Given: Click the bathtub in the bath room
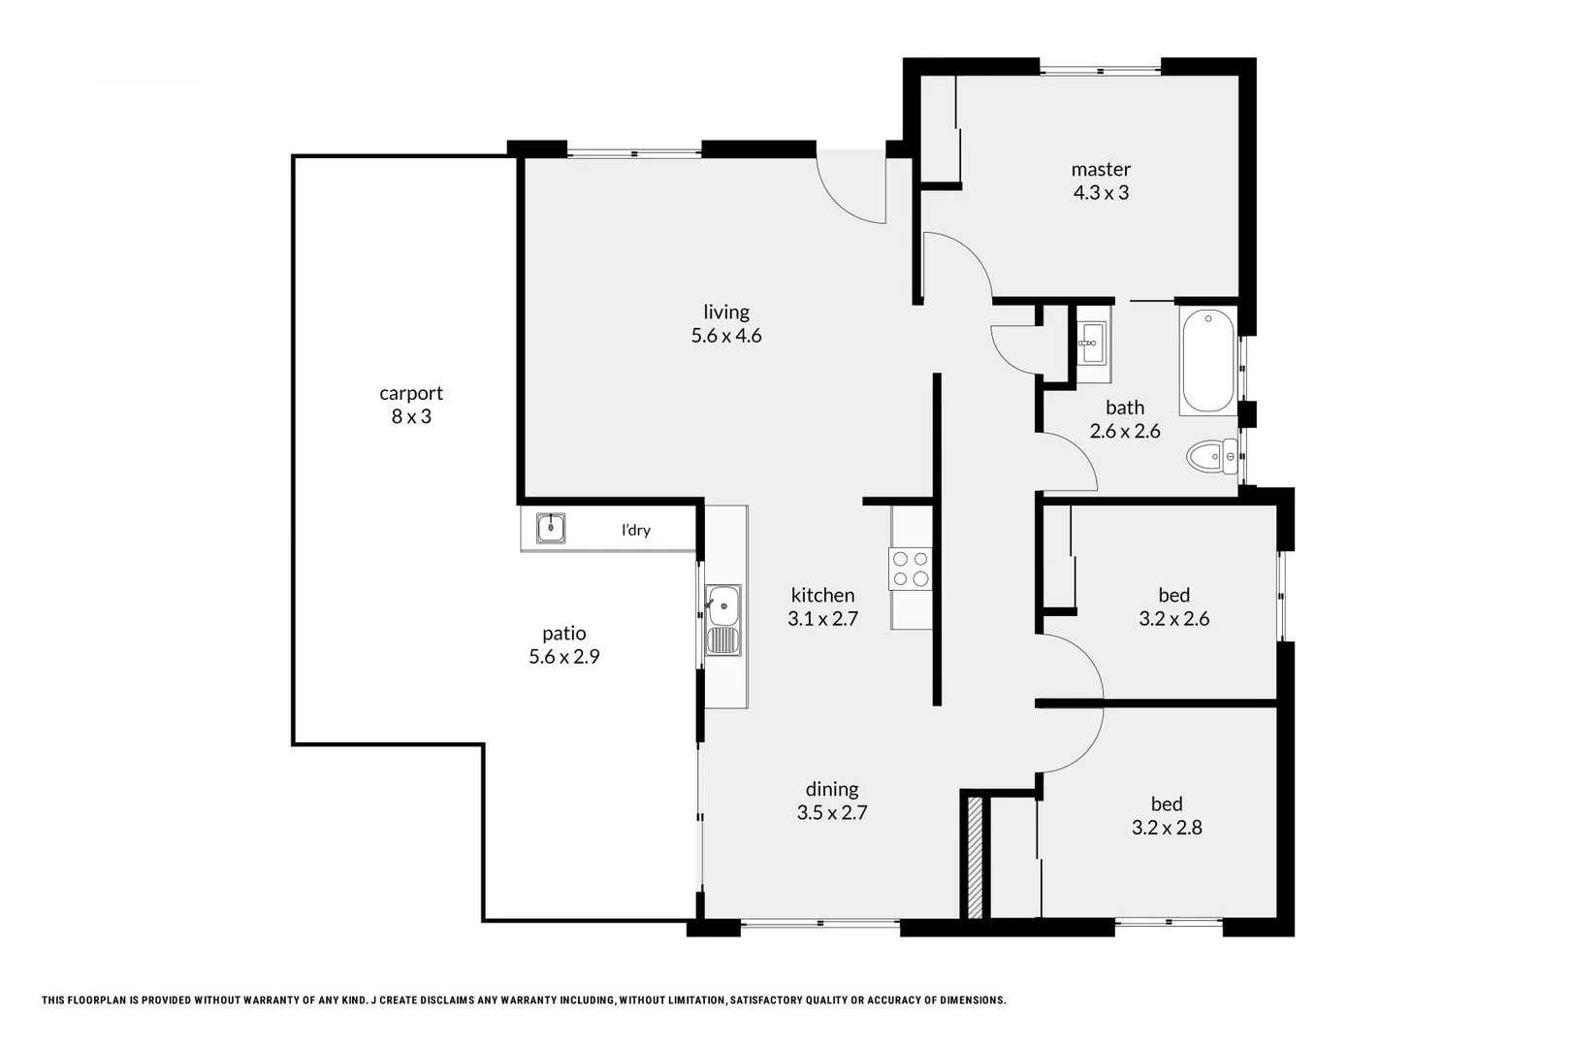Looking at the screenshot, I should [x=1208, y=361].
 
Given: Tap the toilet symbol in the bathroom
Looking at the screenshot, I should [x=1212, y=456].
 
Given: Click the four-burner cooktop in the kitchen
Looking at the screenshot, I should [x=911, y=569].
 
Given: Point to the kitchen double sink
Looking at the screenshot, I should [x=722, y=620].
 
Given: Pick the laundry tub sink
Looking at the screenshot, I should [x=551, y=529].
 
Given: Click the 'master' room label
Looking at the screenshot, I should [x=1101, y=169].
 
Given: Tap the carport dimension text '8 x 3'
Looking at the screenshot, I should [x=411, y=417].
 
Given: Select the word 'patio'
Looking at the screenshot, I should [x=563, y=634].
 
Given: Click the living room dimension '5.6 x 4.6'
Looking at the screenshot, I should [x=726, y=336].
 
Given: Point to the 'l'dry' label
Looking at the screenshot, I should [x=636, y=530].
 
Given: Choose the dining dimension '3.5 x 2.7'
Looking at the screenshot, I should [x=832, y=813].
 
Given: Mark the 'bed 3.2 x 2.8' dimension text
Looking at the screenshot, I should [x=1167, y=828].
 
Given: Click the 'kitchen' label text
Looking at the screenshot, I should [x=822, y=595].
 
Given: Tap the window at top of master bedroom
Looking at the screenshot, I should [x=1101, y=70].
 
